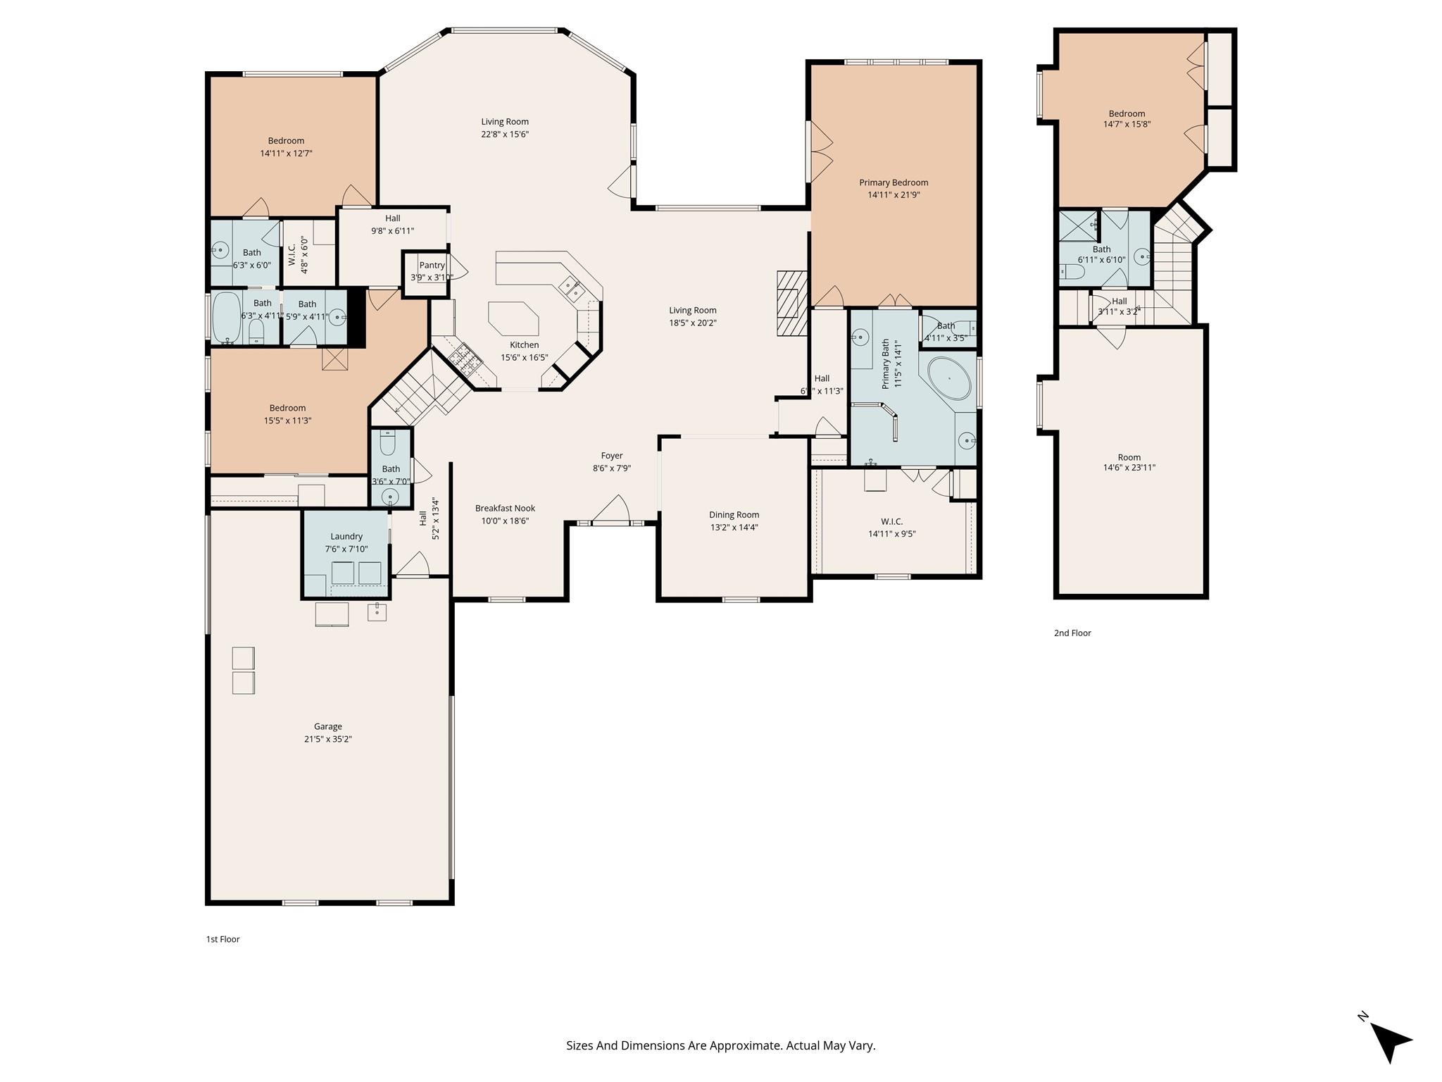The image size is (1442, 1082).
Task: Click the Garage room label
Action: tap(328, 726)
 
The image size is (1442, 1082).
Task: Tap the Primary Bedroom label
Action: tap(894, 182)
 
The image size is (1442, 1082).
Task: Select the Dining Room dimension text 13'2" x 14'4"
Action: tap(734, 527)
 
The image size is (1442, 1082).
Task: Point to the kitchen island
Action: tap(513, 319)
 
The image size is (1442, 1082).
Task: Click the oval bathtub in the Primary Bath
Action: tap(950, 379)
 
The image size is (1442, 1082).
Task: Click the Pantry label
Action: tap(432, 266)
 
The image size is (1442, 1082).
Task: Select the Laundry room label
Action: tap(346, 536)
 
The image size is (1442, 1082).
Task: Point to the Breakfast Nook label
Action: tap(505, 508)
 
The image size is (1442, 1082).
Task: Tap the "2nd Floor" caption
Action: tap(1072, 633)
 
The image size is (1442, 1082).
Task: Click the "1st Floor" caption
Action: tap(222, 939)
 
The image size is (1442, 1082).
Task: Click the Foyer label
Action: tap(612, 456)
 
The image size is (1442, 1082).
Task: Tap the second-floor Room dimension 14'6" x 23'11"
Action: tap(1129, 467)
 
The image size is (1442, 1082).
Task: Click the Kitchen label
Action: tap(524, 344)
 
